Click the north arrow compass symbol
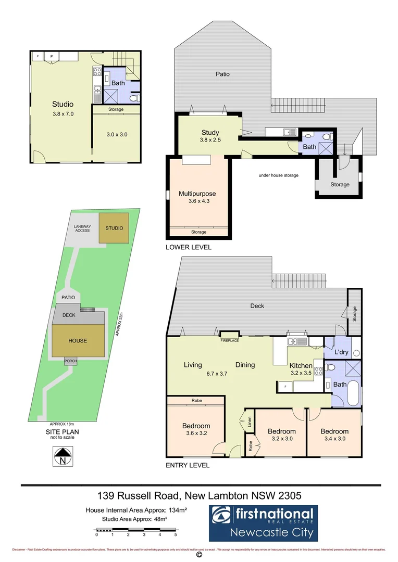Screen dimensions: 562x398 [63, 456]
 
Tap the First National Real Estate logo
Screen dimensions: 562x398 [263, 523]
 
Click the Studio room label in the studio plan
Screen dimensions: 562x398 [63, 104]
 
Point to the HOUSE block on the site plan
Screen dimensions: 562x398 [78, 340]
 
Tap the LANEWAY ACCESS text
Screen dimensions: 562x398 [82, 228]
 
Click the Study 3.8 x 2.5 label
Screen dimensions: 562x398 [210, 136]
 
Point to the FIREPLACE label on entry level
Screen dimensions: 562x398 [229, 340]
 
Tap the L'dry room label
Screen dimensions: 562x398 [341, 352]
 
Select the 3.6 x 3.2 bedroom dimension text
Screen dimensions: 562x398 [196, 434]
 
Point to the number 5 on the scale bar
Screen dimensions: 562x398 [176, 534]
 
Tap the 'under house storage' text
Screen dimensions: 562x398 [278, 175]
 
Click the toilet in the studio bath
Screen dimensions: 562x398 [134, 97]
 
